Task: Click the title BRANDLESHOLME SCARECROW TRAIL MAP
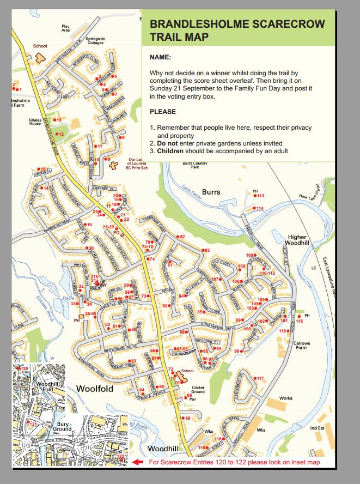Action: point(237,31)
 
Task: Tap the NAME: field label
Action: point(160,57)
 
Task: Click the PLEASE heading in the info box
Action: point(163,111)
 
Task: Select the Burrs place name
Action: point(211,192)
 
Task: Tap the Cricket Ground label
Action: point(198,389)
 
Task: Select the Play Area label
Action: point(66,28)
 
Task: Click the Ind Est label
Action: point(316,428)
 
